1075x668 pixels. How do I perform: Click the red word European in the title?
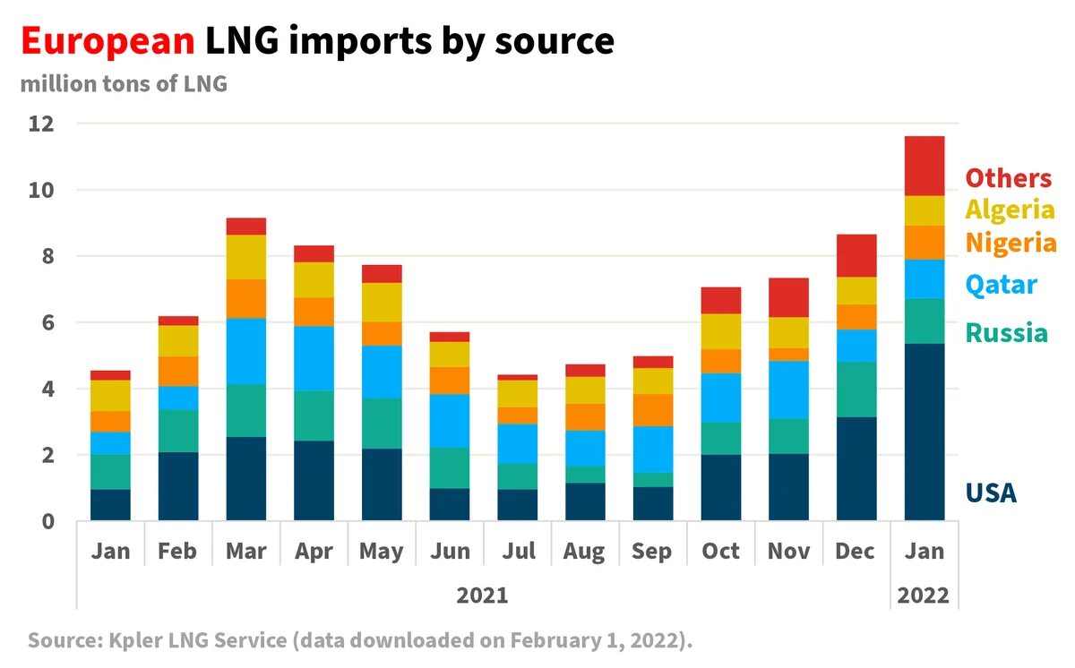(x=106, y=41)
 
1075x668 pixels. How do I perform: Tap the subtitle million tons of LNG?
(x=124, y=85)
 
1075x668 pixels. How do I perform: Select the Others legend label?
(x=1008, y=178)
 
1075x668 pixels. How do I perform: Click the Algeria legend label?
(x=1010, y=210)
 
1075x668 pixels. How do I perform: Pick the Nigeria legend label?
(x=1010, y=243)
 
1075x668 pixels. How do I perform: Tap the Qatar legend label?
(x=1001, y=285)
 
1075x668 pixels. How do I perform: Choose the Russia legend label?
(x=1006, y=333)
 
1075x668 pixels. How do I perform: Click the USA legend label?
(x=991, y=492)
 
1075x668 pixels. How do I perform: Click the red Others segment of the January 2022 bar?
(x=924, y=166)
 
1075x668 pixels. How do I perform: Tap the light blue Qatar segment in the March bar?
(x=246, y=351)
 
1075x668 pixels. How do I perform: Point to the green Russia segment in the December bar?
(x=856, y=390)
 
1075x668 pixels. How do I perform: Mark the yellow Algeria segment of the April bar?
(x=314, y=279)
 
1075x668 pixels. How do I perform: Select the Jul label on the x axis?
(x=518, y=551)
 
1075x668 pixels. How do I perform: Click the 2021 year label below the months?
(x=482, y=595)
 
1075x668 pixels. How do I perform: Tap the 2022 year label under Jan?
(x=924, y=595)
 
